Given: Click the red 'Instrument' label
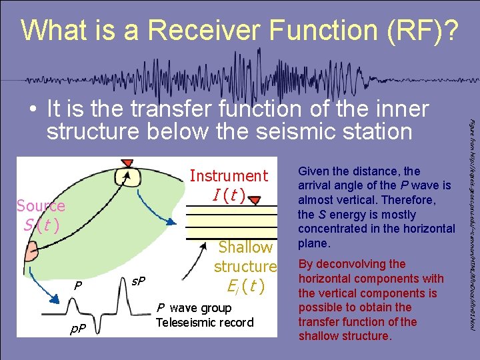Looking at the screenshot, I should point(229,176).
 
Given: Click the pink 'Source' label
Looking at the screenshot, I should point(41,206).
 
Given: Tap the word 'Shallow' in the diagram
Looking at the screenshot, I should point(246,247).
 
